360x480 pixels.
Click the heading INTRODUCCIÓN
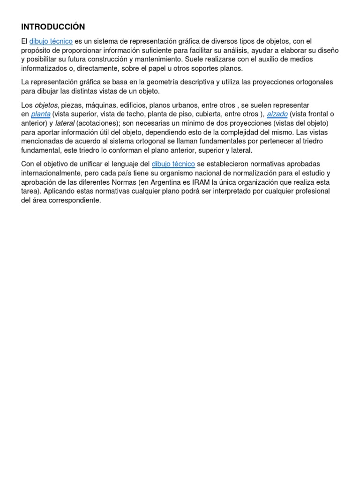click(53, 27)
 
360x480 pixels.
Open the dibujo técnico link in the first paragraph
click(51, 42)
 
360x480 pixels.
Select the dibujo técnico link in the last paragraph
click(173, 164)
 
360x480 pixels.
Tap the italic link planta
click(41, 114)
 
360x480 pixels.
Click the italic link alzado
click(277, 114)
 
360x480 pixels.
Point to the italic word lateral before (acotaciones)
click(65, 123)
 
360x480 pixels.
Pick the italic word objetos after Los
click(46, 105)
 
